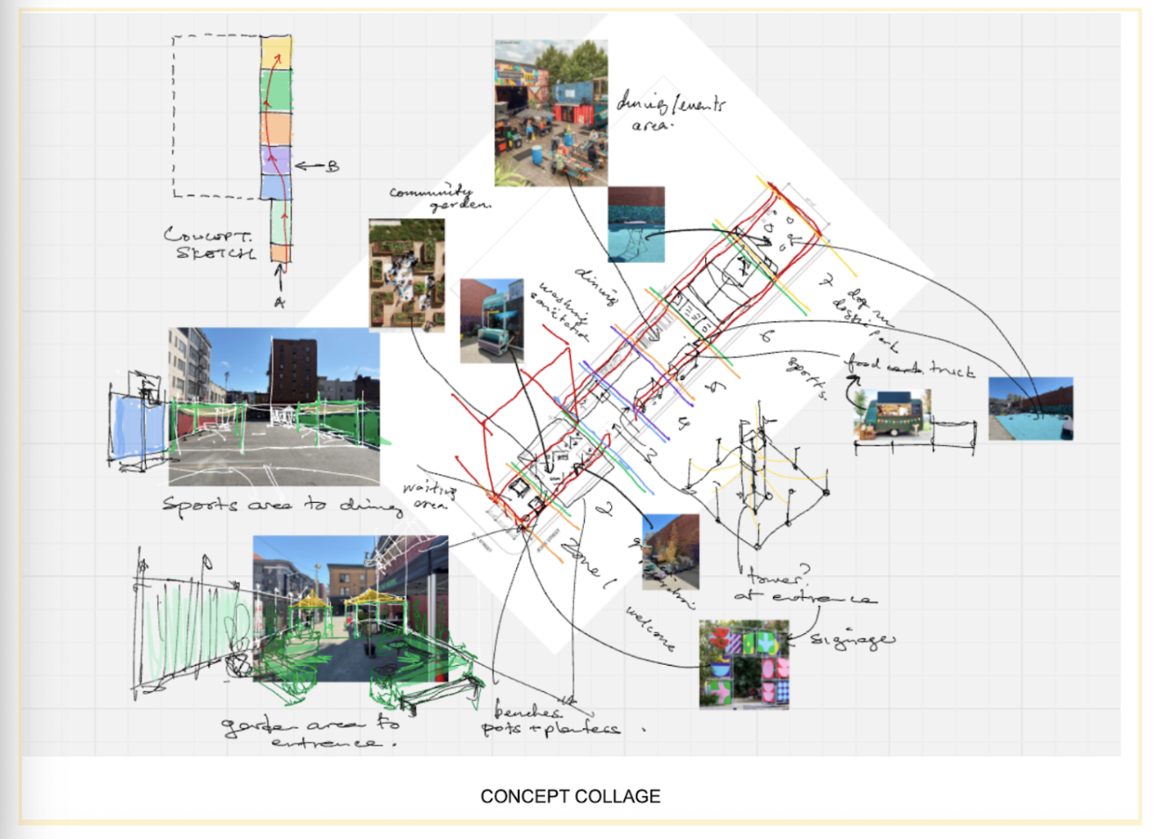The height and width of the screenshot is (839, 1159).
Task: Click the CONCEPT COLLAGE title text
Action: pos(570,797)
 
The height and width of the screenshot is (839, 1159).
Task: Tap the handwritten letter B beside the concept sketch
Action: pos(332,165)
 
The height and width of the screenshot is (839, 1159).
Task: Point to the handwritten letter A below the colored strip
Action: pos(279,302)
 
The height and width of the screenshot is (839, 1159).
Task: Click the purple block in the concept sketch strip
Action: pos(275,160)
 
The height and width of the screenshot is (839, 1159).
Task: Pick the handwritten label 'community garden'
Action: pos(440,198)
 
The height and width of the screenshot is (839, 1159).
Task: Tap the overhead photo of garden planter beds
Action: pos(406,274)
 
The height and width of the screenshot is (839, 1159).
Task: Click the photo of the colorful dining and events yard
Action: pos(550,112)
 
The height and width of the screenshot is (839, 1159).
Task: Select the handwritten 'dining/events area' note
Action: pos(668,112)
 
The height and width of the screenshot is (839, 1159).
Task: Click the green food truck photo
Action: pos(892,413)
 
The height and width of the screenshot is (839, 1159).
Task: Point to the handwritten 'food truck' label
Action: pos(909,367)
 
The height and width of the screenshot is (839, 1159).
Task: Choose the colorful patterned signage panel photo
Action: pos(744,664)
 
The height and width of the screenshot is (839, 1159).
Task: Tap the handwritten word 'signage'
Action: pos(851,639)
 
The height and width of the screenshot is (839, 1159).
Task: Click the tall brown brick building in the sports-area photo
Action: pos(293,368)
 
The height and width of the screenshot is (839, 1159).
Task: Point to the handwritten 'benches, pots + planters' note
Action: pos(550,720)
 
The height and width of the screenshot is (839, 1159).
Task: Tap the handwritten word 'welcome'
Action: pos(650,628)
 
